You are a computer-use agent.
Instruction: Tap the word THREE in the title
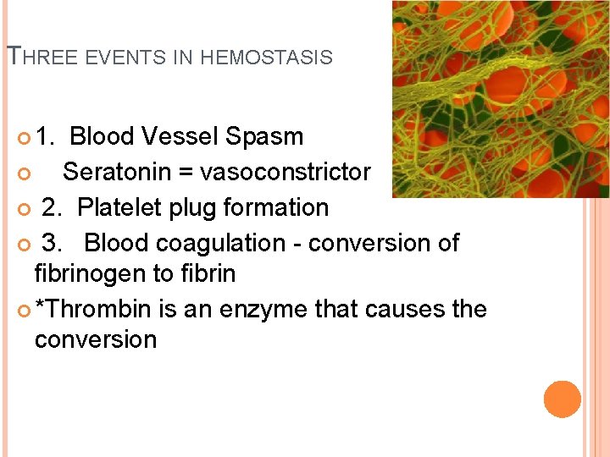pyautogui.click(x=41, y=57)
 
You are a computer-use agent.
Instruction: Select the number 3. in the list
pyautogui.click(x=52, y=243)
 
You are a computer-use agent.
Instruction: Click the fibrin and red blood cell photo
pyautogui.click(x=501, y=99)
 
